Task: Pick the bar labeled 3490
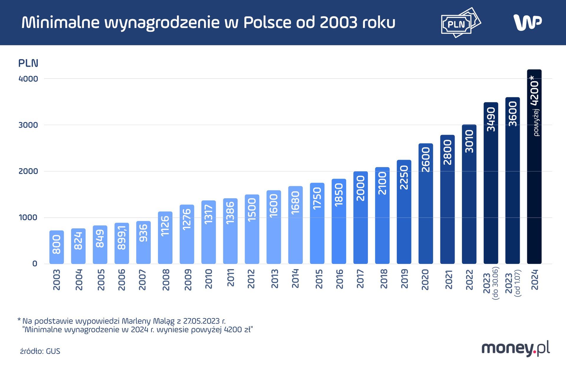pos(491,183)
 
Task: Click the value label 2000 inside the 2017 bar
pos(361,188)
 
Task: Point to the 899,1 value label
pos(122,238)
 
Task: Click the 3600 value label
pos(513,114)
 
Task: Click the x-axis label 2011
pos(230,278)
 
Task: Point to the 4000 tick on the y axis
pos(28,79)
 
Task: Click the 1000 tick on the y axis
pos(28,218)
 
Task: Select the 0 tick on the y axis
pos(35,263)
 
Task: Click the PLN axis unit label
pos(28,63)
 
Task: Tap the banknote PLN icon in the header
pos(460,23)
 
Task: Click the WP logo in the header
pos(527,22)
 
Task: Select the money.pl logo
pos(516,349)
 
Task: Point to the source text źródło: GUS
pos(40,351)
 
